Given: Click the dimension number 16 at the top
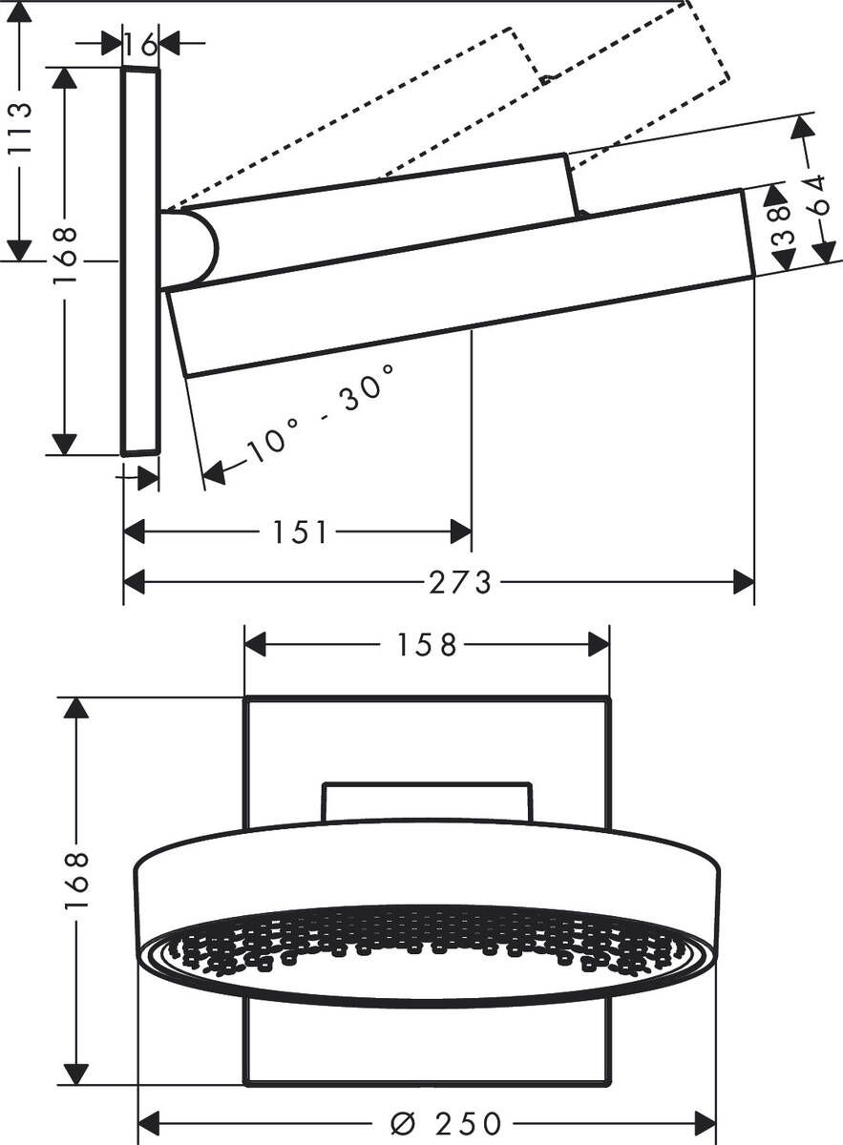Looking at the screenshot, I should coord(140,43).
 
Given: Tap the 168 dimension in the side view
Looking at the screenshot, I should coord(64,255).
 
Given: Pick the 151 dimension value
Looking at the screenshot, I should coord(300,531).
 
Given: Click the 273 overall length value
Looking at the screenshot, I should coord(460,581).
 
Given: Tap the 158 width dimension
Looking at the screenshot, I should coord(427,645).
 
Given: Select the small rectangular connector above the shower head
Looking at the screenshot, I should coord(427,801).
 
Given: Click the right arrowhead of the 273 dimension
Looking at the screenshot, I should coord(744,581).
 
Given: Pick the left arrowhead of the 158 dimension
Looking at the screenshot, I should coord(255,645).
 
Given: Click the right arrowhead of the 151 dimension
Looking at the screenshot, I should coord(461,531).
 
